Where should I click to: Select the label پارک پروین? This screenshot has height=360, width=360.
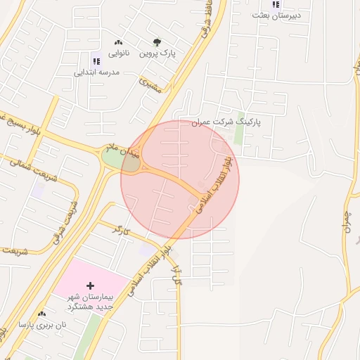(x=156, y=53)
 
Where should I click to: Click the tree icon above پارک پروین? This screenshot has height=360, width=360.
(x=156, y=42)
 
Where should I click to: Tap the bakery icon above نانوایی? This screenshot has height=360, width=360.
(x=117, y=43)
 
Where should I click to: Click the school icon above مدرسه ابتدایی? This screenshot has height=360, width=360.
(x=96, y=61)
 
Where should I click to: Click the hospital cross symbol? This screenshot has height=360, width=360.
(x=90, y=286)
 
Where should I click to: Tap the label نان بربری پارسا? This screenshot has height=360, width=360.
(x=42, y=325)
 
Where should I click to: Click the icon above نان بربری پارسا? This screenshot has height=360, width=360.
(x=41, y=314)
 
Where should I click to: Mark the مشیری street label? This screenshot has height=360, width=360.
(x=150, y=86)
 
